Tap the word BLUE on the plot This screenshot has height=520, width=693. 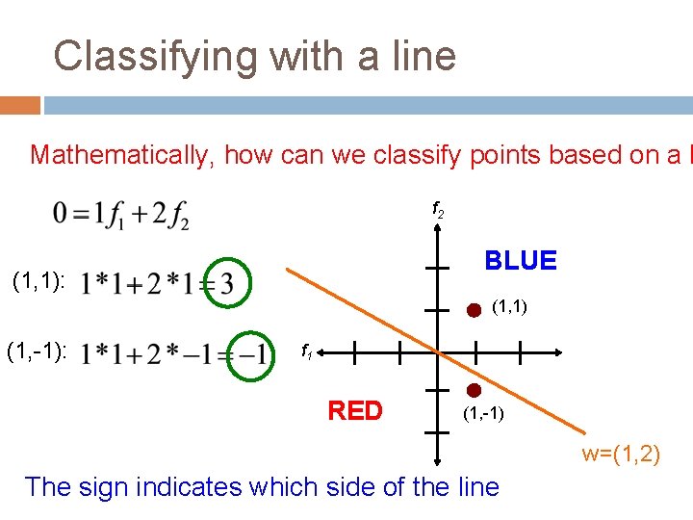(x=521, y=261)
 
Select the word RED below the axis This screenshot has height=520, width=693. (x=355, y=411)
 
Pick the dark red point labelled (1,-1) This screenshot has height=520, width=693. (x=474, y=391)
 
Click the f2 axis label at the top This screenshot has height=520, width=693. (x=437, y=208)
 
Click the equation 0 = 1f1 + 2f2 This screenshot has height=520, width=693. (x=122, y=215)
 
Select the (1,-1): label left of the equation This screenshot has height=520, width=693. (x=37, y=352)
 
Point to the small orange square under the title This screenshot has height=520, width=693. (x=20, y=105)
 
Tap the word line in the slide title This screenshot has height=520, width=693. (x=420, y=57)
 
